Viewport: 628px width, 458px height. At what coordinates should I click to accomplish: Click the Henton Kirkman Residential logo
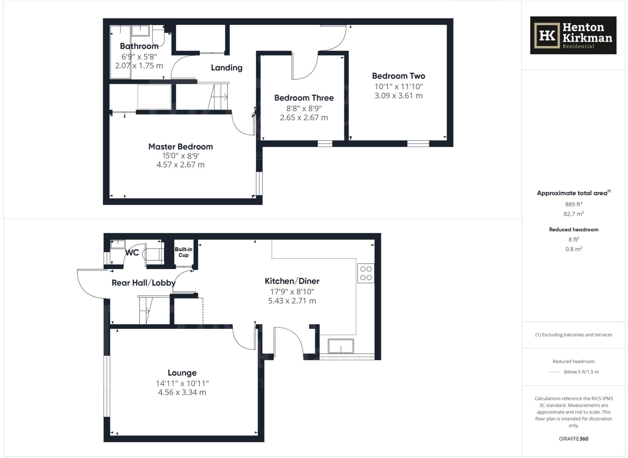[x=573, y=35]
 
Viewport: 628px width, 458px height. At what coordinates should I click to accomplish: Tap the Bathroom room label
[x=139, y=46]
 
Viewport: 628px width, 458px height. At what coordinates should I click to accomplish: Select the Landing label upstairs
[x=227, y=68]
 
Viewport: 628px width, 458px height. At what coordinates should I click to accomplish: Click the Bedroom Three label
[x=304, y=98]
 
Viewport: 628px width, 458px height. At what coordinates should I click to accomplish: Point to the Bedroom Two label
[x=398, y=76]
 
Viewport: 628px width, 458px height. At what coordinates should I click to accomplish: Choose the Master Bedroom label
[x=181, y=147]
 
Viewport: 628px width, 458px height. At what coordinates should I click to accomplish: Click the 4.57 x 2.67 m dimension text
[x=181, y=165]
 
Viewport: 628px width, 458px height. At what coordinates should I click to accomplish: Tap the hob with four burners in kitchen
[x=366, y=273]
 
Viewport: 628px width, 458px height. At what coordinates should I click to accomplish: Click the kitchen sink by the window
[x=341, y=346]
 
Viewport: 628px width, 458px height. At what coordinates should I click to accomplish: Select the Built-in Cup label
[x=183, y=252]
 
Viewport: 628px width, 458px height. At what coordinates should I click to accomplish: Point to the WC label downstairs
[x=132, y=253]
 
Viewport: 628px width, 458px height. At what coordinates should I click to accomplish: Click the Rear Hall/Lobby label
[x=144, y=283]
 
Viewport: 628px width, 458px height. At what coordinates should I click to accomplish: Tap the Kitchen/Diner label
[x=292, y=281]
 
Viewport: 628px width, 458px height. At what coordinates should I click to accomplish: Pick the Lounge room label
[x=182, y=373]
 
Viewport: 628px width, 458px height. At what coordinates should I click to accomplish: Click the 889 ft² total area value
[x=573, y=204]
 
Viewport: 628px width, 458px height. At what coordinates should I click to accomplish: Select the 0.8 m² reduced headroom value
[x=573, y=249]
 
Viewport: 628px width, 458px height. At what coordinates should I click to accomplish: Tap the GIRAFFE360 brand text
[x=573, y=439]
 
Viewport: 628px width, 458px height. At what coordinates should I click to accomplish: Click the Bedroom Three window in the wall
[x=325, y=143]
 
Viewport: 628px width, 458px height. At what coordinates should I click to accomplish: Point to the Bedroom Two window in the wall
[x=418, y=143]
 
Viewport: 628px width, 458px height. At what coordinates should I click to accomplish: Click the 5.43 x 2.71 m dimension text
[x=292, y=301]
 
